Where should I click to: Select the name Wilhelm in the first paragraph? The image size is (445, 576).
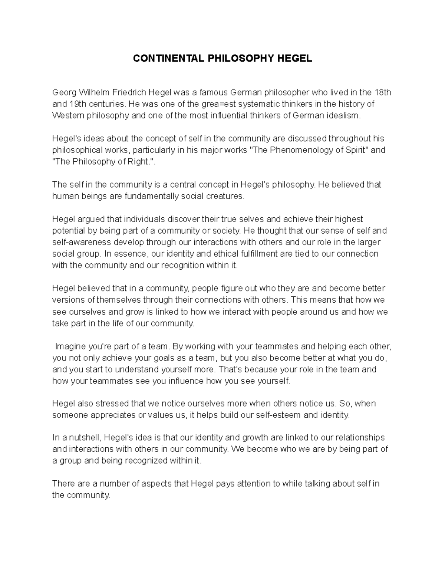click(88, 92)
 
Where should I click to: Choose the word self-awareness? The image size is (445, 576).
click(81, 242)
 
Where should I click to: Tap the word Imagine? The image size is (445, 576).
click(70, 346)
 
